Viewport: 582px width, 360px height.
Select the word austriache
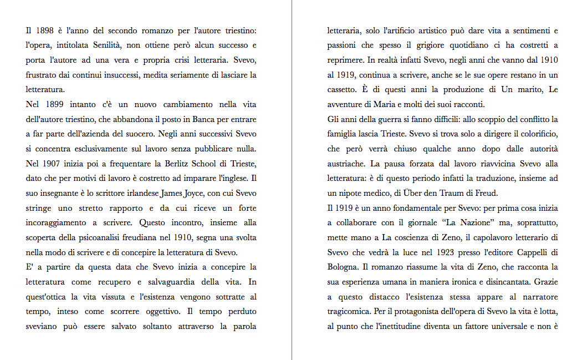click(x=346, y=164)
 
